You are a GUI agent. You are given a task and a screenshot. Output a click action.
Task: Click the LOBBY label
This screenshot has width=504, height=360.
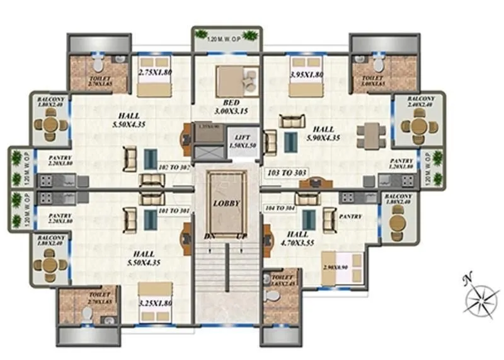tap(226, 204)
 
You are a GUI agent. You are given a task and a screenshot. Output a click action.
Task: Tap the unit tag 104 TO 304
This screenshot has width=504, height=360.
tap(280, 207)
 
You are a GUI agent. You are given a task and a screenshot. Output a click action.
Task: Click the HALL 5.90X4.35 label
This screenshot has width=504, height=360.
tap(322, 133)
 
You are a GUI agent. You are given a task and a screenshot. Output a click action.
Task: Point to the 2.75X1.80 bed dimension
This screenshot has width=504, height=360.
tap(153, 74)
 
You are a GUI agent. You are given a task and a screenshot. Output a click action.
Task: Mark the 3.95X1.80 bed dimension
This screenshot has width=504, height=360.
tap(305, 74)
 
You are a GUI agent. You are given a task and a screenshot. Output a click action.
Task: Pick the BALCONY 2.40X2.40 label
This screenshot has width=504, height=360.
tap(420, 102)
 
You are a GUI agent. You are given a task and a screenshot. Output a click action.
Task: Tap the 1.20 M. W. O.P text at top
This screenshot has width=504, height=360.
tap(226, 41)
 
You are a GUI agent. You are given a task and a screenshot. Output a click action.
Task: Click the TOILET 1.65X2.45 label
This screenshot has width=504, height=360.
tap(283, 280)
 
